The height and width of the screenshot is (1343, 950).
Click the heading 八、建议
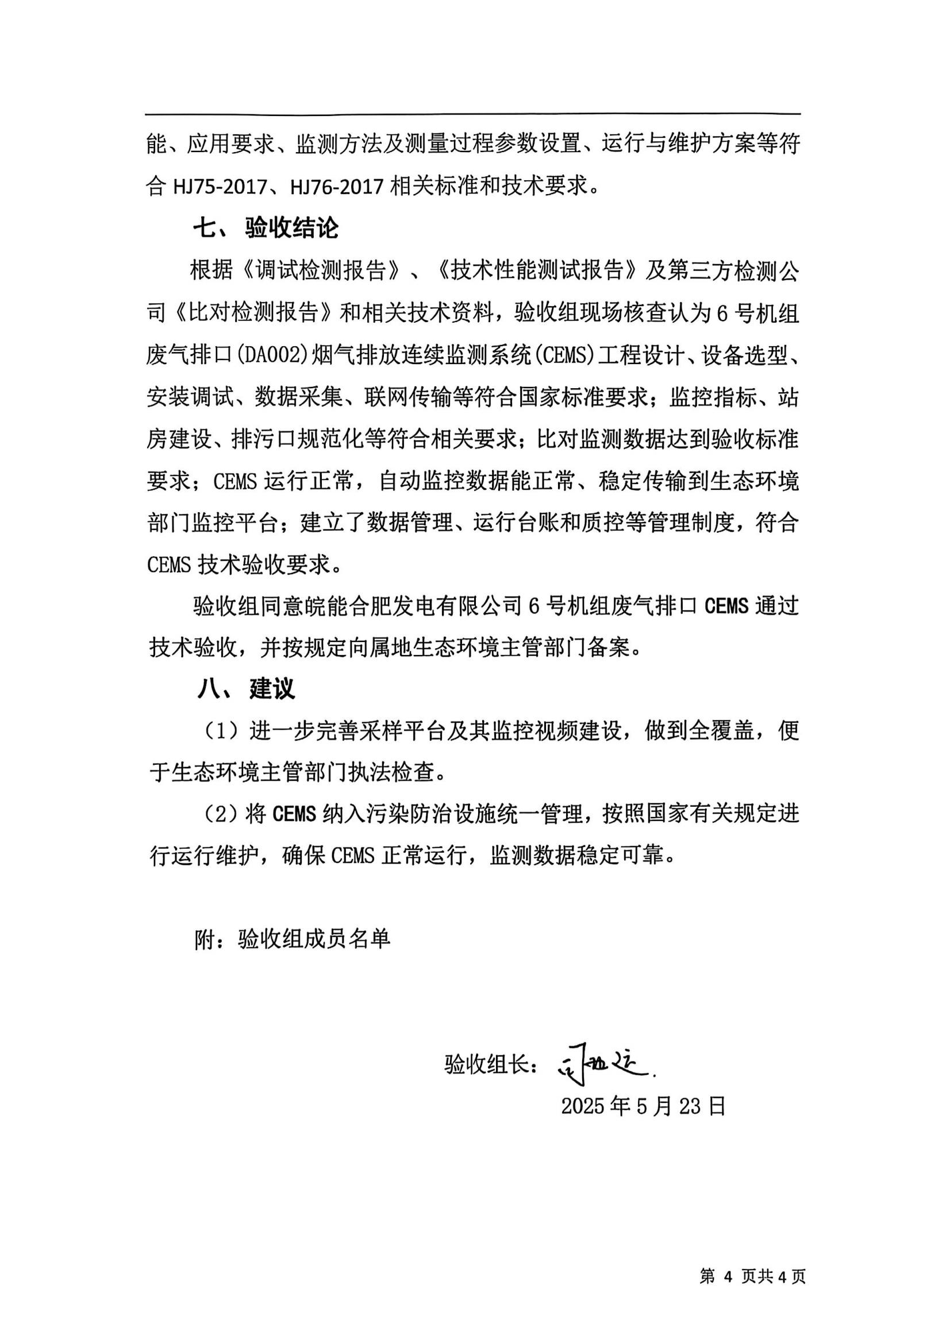[x=246, y=689]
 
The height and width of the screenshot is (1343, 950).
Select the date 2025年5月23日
[x=643, y=1106]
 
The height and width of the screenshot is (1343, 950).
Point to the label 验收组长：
[x=490, y=1065]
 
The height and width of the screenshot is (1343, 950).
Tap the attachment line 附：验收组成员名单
[x=292, y=939]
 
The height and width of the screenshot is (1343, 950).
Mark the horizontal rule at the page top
[x=473, y=114]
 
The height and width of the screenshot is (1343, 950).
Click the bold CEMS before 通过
[x=726, y=606]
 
